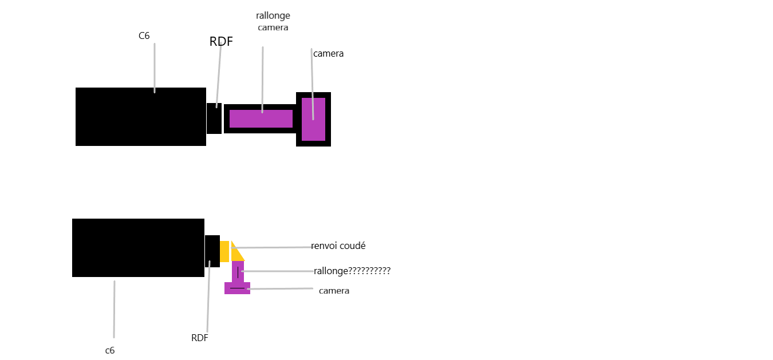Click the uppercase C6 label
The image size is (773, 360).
(144, 36)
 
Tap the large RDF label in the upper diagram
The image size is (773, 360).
(221, 42)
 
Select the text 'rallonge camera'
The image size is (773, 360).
(273, 22)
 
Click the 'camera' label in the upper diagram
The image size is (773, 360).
(328, 54)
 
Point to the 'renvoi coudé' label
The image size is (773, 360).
(338, 246)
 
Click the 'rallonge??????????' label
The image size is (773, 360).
(352, 271)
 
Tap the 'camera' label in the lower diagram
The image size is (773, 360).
(334, 291)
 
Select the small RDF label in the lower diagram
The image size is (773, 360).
(199, 338)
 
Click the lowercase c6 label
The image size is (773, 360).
(110, 351)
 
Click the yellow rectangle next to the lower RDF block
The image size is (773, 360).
(224, 251)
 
